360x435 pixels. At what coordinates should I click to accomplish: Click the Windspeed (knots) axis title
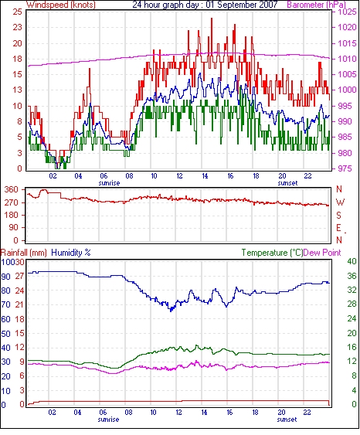point(61,5)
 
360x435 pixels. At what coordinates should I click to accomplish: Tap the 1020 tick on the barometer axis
point(347,27)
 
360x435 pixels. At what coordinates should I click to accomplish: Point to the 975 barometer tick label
point(347,168)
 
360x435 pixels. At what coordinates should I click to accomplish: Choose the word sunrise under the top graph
point(109,183)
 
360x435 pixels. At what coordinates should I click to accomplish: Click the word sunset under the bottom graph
point(287,420)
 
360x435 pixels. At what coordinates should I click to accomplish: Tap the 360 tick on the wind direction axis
point(12,190)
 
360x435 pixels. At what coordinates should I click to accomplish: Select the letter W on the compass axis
point(340,202)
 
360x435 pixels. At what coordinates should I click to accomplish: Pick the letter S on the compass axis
point(339,215)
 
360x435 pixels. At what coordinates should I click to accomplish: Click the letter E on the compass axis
point(339,228)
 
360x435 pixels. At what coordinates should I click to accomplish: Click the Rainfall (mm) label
point(24,253)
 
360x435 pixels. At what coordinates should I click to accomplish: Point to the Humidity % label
point(71,253)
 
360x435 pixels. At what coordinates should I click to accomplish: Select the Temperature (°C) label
point(272,253)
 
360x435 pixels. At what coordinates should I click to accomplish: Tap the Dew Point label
point(322,253)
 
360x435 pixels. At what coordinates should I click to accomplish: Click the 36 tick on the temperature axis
point(352,276)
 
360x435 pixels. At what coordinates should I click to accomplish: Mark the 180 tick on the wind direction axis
point(12,215)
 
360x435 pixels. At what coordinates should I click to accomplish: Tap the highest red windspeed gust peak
point(212,19)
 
